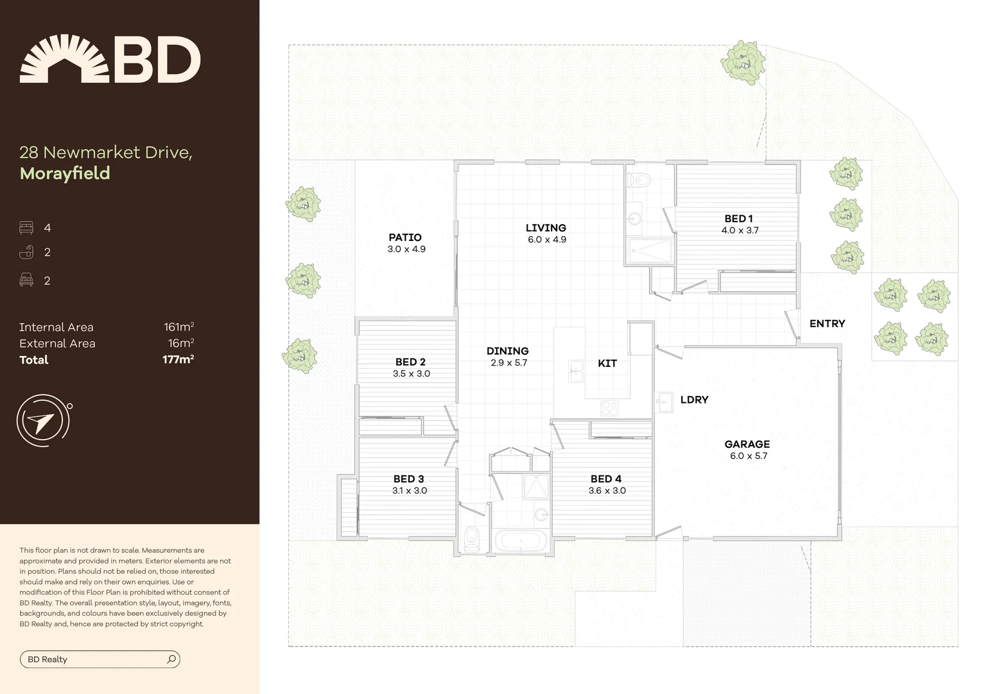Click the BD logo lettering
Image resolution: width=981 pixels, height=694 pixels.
point(157,60)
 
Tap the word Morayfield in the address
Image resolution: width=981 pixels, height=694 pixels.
point(65,173)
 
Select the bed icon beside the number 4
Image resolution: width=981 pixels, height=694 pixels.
point(26,227)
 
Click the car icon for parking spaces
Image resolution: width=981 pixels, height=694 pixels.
point(26,280)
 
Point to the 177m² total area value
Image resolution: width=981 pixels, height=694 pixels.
point(178,360)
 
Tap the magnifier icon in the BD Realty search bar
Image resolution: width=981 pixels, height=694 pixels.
point(171,659)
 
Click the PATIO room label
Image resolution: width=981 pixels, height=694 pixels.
point(405,238)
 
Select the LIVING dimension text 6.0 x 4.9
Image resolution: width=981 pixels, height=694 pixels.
point(547,240)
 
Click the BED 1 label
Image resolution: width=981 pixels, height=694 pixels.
point(738,218)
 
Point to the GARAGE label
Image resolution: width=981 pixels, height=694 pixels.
point(747,444)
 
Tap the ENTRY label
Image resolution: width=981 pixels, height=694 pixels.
point(827,324)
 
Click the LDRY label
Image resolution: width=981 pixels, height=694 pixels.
point(694,400)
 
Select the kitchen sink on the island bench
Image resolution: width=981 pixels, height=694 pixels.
point(576,371)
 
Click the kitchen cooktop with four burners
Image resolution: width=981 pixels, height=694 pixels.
point(609,407)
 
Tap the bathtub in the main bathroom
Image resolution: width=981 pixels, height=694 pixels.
point(520,540)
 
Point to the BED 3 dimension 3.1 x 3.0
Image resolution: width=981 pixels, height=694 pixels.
point(410,491)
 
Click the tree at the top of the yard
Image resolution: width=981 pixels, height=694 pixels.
point(743,63)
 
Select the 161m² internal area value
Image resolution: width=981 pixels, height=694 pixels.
point(178,327)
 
